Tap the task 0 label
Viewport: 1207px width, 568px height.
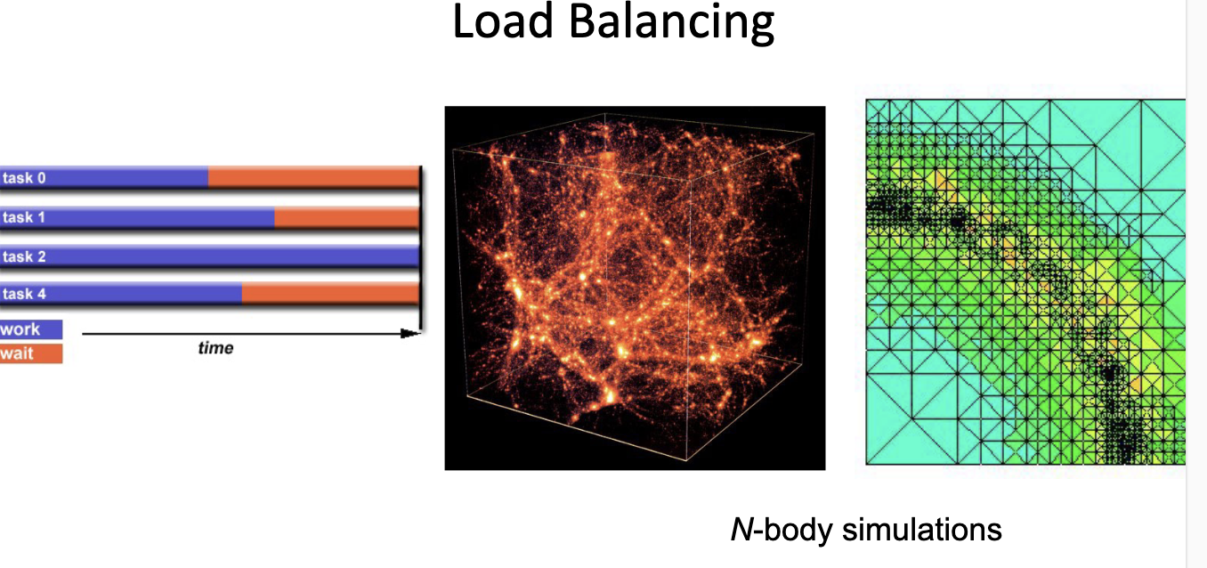coord(24,178)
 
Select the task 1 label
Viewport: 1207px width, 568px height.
coord(24,217)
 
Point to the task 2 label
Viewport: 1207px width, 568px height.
coord(24,256)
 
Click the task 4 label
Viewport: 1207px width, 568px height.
coord(24,294)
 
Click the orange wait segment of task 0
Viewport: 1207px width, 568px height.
coord(313,178)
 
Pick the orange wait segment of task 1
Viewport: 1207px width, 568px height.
coord(346,217)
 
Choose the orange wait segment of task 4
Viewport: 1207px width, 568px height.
coord(330,294)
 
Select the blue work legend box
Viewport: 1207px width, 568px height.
coord(31,329)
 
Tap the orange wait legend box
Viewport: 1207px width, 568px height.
coord(31,353)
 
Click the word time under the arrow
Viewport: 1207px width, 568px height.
coord(215,348)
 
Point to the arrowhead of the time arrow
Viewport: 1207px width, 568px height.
coord(410,334)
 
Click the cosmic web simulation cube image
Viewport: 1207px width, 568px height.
coord(635,288)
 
